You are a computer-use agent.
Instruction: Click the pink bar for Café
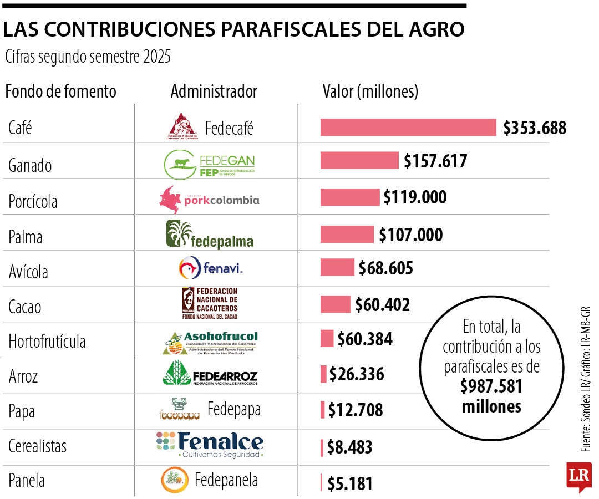tap(408, 128)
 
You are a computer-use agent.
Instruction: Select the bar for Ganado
tap(359, 161)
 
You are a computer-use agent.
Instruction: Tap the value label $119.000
tap(415, 197)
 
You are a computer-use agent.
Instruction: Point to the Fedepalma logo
tap(210, 234)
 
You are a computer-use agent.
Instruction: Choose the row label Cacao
tap(25, 306)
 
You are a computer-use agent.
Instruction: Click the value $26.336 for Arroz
tap(356, 374)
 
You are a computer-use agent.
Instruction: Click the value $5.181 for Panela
tap(349, 483)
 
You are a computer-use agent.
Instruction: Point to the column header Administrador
tap(214, 91)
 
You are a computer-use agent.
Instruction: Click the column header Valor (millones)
tap(370, 91)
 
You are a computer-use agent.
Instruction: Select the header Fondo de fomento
tap(61, 91)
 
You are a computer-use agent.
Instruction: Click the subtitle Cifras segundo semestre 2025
tap(88, 57)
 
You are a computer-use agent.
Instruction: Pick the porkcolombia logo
tap(209, 199)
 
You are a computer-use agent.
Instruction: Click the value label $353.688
tap(535, 128)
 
